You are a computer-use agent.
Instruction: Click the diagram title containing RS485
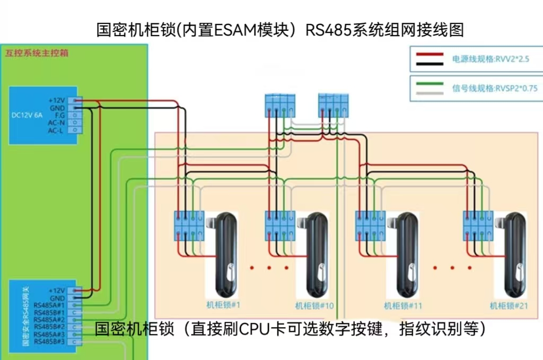tap(280, 29)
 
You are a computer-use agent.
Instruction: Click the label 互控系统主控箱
tap(37, 53)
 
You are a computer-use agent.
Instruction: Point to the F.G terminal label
tap(59, 115)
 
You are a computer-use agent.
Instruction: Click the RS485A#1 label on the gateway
tap(49, 305)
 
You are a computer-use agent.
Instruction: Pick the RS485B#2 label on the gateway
tap(49, 327)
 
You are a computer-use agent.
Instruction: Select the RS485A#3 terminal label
tap(49, 334)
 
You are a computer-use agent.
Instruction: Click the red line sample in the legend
tap(430, 55)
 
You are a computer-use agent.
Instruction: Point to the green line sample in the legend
tap(430, 84)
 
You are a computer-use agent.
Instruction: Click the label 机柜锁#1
tap(224, 305)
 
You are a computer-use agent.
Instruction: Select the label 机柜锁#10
tap(314, 306)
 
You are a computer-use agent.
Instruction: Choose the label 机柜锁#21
tap(509, 306)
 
